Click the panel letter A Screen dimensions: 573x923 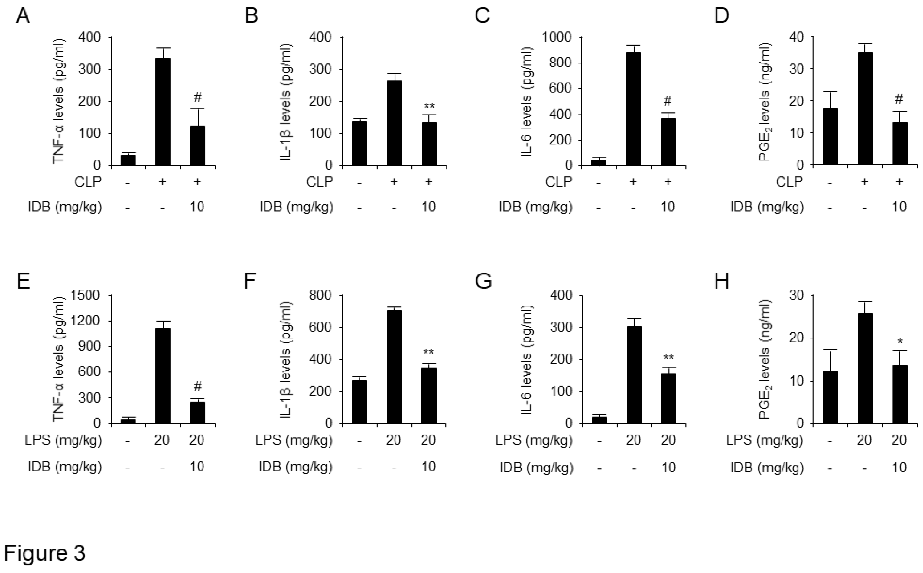pyautogui.click(x=23, y=17)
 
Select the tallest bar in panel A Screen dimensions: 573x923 pyautogui.click(x=163, y=112)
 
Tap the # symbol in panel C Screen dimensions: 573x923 pyautogui.click(x=668, y=101)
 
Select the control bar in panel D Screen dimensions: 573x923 pyautogui.click(x=830, y=136)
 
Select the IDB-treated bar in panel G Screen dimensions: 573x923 pyautogui.click(x=668, y=398)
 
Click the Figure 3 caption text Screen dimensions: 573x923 pyautogui.click(x=44, y=553)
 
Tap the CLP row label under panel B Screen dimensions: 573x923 pyautogui.click(x=319, y=182)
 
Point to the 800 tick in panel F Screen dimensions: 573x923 pyautogui.click(x=320, y=295)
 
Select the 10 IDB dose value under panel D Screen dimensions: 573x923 pyautogui.click(x=899, y=206)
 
